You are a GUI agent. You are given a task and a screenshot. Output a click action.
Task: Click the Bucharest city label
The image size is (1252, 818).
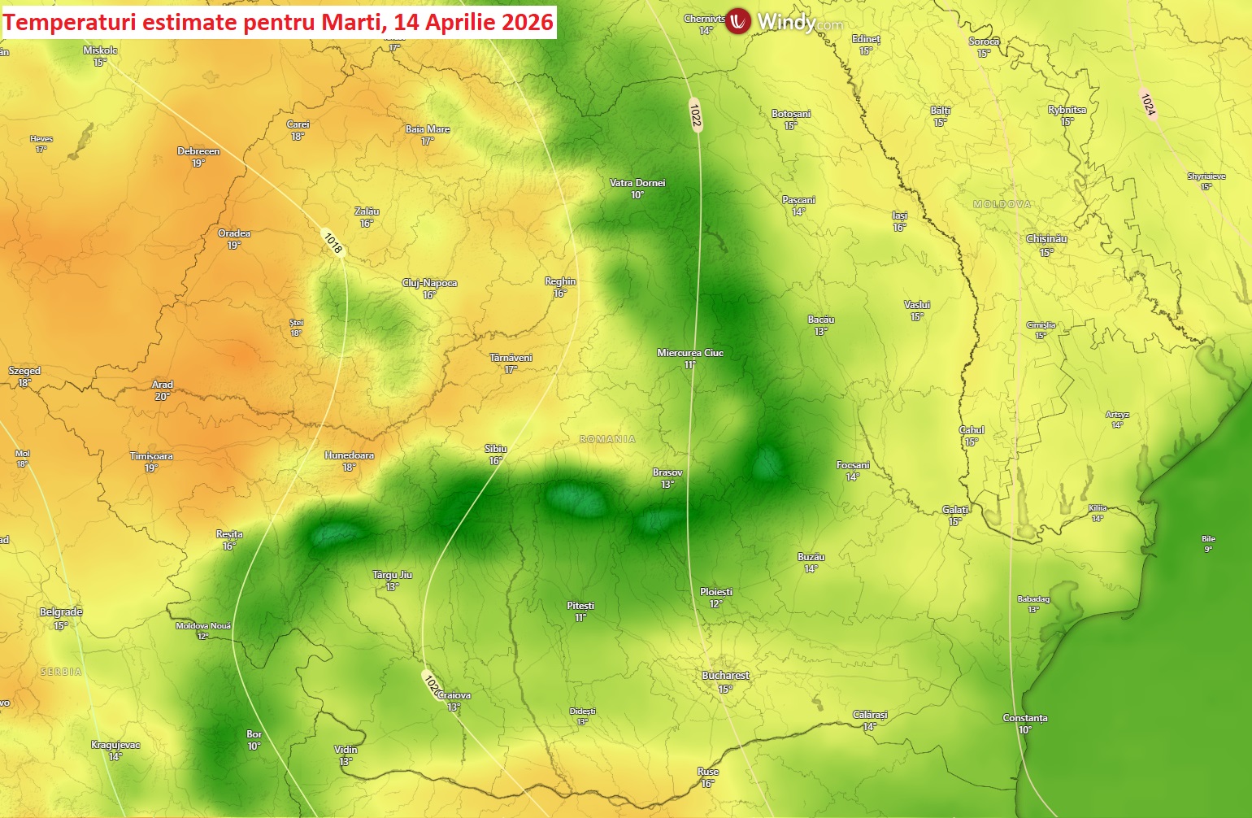click(x=725, y=676)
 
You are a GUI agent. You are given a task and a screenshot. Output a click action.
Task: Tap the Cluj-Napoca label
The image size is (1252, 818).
click(x=429, y=283)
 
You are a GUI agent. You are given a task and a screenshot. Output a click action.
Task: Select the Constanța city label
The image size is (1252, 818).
click(x=1024, y=718)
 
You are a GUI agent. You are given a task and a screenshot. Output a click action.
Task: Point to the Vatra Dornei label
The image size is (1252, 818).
click(x=637, y=183)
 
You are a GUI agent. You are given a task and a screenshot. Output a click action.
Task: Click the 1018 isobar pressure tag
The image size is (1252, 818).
click(x=333, y=242)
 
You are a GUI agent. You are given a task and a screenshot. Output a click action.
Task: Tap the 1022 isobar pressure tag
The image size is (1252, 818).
click(x=695, y=115)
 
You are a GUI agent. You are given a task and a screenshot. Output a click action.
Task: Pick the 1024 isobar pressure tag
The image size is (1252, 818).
click(x=1148, y=104)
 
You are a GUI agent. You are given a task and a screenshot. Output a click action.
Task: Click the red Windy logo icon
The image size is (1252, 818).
click(x=737, y=21)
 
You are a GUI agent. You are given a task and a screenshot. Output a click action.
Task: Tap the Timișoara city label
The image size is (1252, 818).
click(x=151, y=456)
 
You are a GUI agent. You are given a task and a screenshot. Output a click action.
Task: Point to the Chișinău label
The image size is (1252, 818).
click(x=1046, y=239)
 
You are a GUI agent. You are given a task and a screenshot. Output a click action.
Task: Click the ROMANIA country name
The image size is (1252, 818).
click(x=607, y=439)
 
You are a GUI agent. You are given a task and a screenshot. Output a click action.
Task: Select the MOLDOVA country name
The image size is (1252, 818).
click(x=1002, y=204)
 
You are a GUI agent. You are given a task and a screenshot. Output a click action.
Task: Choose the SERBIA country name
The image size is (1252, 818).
click(x=61, y=672)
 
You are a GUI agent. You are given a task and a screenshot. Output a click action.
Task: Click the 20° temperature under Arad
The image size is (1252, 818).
click(x=162, y=397)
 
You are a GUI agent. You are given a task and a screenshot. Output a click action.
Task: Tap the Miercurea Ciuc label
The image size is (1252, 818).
click(x=689, y=353)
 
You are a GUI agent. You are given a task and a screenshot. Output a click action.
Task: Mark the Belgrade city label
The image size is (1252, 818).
click(x=61, y=612)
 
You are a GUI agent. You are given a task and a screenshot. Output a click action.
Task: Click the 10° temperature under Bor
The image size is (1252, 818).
click(x=254, y=746)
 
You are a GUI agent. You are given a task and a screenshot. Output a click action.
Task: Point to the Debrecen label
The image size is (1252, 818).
click(x=198, y=151)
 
